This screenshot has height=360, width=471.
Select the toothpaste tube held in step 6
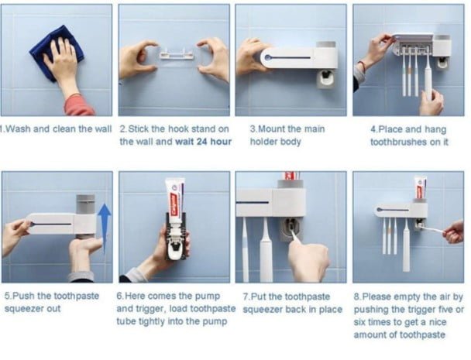point(175,198)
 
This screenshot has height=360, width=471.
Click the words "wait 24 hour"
point(204,142)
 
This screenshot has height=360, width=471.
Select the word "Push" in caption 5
point(24,296)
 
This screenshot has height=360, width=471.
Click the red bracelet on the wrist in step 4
point(362,66)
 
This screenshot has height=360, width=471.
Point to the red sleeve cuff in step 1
point(79,105)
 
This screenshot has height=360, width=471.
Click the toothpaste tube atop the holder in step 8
point(420,187)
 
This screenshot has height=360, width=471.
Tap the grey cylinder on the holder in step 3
point(325,44)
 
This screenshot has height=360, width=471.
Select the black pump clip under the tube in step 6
point(177,237)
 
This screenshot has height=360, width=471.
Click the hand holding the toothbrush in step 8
point(454,231)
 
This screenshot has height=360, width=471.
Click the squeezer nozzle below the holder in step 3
point(325,79)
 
